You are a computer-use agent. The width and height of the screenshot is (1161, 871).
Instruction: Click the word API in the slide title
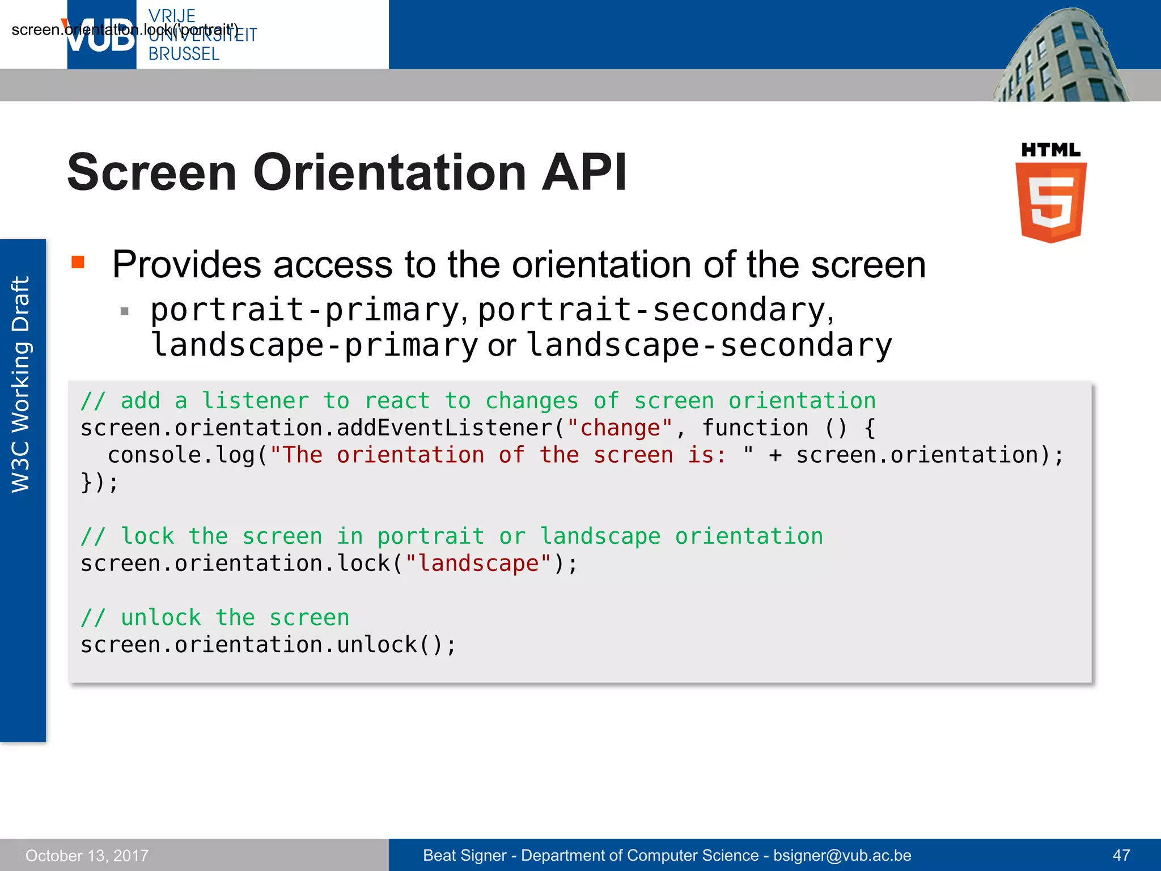pos(584,172)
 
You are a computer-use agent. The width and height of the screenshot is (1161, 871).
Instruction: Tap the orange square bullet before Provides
pos(78,262)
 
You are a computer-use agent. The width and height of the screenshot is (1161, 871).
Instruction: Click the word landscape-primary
pos(315,345)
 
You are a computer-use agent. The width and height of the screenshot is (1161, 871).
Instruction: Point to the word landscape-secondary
pos(709,345)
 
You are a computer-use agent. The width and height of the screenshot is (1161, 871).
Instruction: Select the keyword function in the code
pos(755,428)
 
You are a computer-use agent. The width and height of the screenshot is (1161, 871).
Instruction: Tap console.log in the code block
pos(181,455)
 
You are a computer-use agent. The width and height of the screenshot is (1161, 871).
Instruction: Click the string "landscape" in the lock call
pos(478,564)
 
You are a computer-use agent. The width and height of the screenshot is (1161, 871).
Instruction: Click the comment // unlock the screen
pos(215,618)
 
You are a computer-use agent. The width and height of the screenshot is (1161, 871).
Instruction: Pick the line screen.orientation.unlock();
pos(268,645)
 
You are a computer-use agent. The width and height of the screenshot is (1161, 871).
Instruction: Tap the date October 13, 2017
pos(87,855)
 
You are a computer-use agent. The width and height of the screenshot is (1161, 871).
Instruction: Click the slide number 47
pos(1121,855)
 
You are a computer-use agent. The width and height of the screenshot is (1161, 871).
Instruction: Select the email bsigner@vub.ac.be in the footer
pos(842,855)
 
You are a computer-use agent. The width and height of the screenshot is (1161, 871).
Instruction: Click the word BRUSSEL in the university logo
pos(184,54)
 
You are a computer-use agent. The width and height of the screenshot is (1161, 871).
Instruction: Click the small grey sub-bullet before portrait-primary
pos(125,311)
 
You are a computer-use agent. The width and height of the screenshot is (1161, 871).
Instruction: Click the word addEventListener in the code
pos(445,428)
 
